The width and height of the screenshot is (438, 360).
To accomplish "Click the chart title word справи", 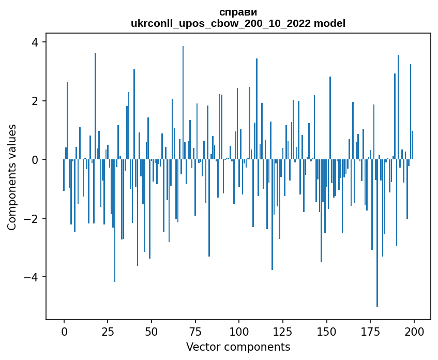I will click(x=238, y=12).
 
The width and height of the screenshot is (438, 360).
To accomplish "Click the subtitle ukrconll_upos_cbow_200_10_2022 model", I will click(x=238, y=23).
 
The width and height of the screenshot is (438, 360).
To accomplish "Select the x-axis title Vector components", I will click(x=238, y=347).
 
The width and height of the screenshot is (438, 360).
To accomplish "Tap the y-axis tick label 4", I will click(x=35, y=42).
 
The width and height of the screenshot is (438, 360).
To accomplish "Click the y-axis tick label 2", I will click(x=35, y=101).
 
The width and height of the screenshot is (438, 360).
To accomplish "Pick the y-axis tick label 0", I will click(x=35, y=159).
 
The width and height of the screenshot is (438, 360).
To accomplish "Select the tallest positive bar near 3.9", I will click(x=183, y=103).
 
